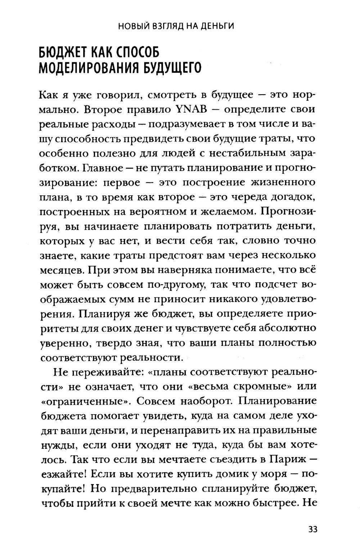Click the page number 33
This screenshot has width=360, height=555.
312,529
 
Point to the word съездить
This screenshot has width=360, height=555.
228,459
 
